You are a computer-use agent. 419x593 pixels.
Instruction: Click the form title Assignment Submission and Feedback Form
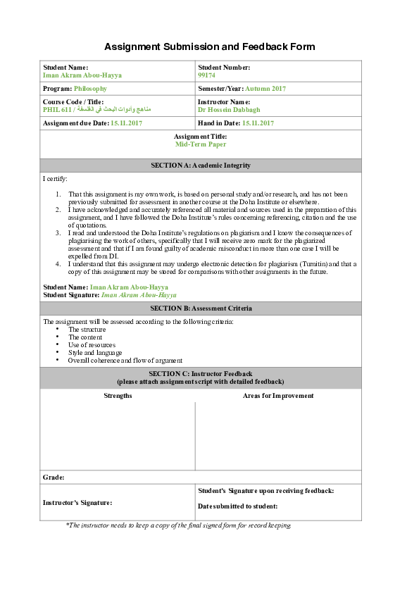tap(209, 47)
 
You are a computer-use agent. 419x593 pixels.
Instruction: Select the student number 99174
tap(207, 75)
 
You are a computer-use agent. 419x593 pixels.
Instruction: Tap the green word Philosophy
tap(91, 89)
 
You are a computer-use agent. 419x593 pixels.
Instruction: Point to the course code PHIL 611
tap(58, 110)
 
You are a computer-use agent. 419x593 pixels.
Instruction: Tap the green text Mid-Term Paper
tap(201, 144)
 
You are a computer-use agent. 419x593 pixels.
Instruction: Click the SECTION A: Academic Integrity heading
tap(201, 166)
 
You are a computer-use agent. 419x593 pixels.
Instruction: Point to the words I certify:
tap(55, 179)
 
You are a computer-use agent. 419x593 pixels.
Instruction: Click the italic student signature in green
tap(139, 295)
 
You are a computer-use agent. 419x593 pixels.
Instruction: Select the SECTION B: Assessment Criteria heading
tap(201, 308)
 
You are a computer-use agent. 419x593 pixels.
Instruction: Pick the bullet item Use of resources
tap(92, 345)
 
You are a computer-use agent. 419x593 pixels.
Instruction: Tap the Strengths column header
tap(118, 396)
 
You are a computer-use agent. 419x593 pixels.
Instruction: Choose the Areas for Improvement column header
tap(278, 396)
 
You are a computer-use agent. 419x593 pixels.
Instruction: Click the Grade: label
tap(54, 477)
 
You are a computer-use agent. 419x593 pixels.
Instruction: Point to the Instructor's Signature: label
tap(77, 503)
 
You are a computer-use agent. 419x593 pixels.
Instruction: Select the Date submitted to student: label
tap(238, 506)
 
